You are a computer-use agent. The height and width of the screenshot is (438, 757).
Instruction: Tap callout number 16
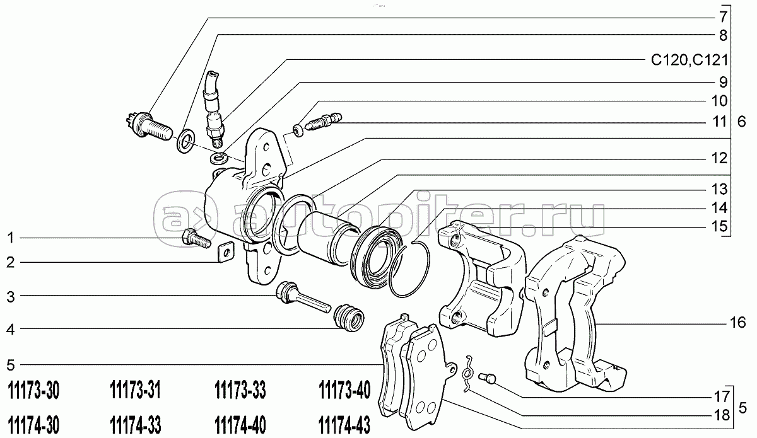(x=737, y=323)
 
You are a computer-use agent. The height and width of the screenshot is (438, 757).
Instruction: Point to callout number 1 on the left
(x=10, y=238)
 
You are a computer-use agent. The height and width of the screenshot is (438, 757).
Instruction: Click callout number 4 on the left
(x=10, y=328)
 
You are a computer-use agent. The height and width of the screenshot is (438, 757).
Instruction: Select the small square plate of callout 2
(x=225, y=253)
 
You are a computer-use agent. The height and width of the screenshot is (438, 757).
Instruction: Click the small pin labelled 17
(x=488, y=378)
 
